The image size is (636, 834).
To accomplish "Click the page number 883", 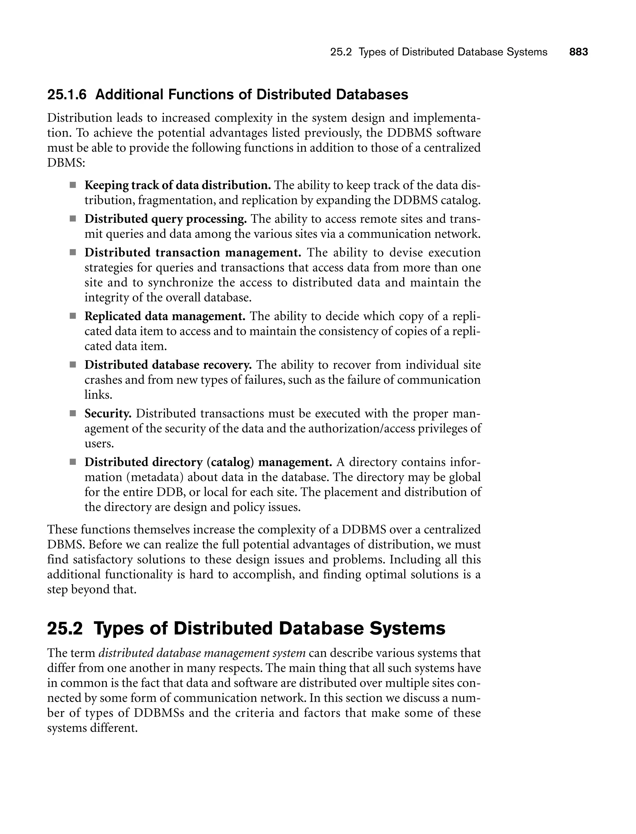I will tap(579, 52).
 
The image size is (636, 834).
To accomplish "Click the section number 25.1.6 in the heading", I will tap(67, 94).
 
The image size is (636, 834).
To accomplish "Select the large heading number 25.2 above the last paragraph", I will tap(65, 628).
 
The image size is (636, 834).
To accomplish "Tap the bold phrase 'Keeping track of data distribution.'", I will tap(177, 185).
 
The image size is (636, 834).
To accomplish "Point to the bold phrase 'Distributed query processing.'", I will tap(166, 219).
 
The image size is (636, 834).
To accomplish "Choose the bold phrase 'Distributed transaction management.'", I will tap(193, 253).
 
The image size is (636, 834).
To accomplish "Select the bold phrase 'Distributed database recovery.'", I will tap(168, 365).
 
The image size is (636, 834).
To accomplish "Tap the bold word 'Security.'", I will tap(108, 414).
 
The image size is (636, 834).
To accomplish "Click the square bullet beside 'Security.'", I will tap(73, 414).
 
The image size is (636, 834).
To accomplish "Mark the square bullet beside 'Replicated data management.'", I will tap(73, 316).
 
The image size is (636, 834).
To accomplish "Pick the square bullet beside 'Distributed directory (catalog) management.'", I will tap(73, 462).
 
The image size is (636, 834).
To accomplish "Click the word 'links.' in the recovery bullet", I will tap(98, 395).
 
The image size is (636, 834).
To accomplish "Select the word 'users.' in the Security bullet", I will tap(99, 443).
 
